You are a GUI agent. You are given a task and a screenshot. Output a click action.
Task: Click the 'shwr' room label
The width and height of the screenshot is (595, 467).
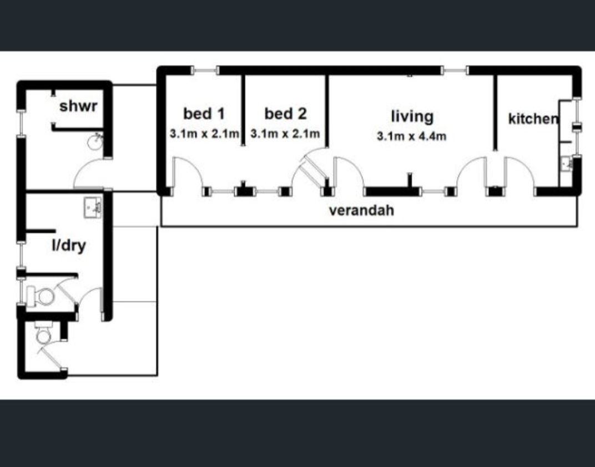pyautogui.click(x=78, y=106)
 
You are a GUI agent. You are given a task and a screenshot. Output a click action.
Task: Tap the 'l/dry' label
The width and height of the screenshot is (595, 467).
pyautogui.click(x=69, y=246)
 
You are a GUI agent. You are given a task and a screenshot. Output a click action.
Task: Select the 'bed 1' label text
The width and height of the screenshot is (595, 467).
pyautogui.click(x=204, y=114)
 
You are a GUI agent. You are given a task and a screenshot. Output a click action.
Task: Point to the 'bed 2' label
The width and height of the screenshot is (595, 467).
pyautogui.click(x=285, y=114)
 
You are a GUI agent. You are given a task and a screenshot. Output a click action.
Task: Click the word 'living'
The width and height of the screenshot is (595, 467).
pyautogui.click(x=412, y=116)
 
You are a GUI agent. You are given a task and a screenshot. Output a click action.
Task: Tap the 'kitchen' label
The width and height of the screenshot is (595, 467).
pyautogui.click(x=533, y=119)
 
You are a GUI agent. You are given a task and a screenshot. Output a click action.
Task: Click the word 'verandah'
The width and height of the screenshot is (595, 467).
pyautogui.click(x=362, y=210)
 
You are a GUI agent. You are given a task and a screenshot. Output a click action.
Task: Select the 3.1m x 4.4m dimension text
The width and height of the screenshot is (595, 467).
pyautogui.click(x=412, y=136)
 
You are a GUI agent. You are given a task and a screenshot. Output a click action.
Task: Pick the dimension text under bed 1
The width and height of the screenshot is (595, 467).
pyautogui.click(x=204, y=134)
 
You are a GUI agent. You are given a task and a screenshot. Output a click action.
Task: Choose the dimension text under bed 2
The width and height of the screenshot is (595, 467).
pyautogui.click(x=285, y=134)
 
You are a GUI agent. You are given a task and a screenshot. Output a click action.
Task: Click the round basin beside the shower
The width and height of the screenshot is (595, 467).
pyautogui.click(x=95, y=142)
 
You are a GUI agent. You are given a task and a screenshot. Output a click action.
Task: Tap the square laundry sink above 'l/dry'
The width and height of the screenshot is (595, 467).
pyautogui.click(x=92, y=208)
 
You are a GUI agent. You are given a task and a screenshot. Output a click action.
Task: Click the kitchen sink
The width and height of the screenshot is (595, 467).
pyautogui.click(x=567, y=164)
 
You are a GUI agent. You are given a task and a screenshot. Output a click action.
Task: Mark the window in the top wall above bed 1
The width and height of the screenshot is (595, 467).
pyautogui.click(x=204, y=70)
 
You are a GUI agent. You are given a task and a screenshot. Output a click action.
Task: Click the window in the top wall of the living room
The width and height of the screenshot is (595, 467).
pyautogui.click(x=455, y=70)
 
